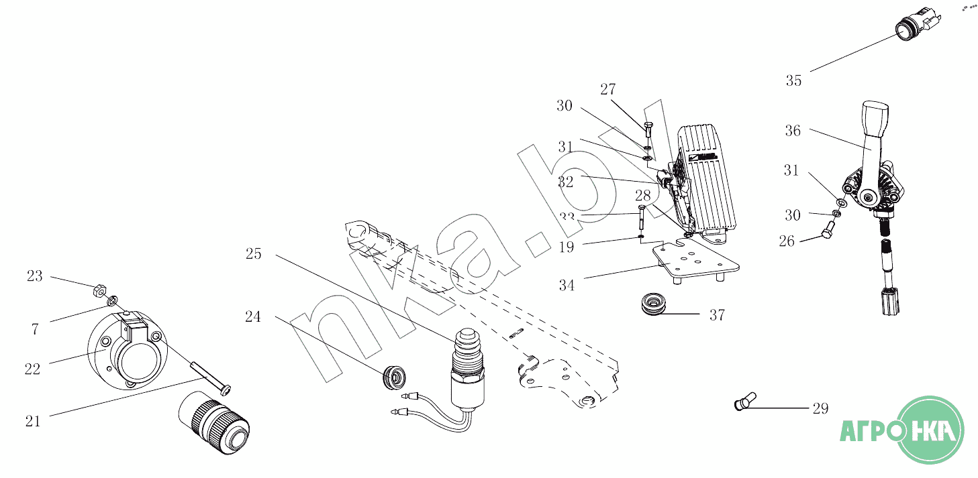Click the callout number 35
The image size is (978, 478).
point(793,81)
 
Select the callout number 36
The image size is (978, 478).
point(793,131)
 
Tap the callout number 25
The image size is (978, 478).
point(253,254)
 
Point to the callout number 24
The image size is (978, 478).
point(252,316)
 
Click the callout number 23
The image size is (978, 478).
point(34,276)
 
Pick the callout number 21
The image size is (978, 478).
point(33,421)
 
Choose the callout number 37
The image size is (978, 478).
point(717,314)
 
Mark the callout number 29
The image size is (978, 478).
point(820,408)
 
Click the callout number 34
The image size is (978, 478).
point(567,286)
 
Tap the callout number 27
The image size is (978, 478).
point(608,90)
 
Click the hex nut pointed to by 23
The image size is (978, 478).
point(97,290)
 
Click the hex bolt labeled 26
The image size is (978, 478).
point(825,235)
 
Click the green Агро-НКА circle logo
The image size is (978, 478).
point(932,430)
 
